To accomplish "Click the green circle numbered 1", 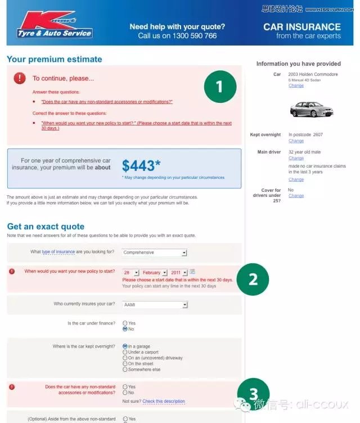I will pyautogui.click(x=219, y=87).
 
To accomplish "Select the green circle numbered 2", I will pyautogui.click(x=253, y=278).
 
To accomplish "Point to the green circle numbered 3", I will pyautogui.click(x=253, y=393).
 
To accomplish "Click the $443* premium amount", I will pyautogui.click(x=141, y=165).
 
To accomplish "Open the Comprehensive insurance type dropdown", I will pyautogui.click(x=155, y=253).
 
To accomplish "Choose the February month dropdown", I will pyautogui.click(x=154, y=272).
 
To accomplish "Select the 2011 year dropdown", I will pyautogui.click(x=178, y=272).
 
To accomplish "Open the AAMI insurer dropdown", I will pyautogui.click(x=155, y=305).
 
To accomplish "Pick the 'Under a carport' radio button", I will pyautogui.click(x=125, y=352).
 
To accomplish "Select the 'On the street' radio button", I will pyautogui.click(x=125, y=364).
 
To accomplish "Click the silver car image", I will pyautogui.click(x=311, y=109).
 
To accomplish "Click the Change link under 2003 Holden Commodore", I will pyautogui.click(x=296, y=86).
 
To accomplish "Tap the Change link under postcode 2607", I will pyautogui.click(x=296, y=141).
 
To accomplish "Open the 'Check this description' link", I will pyautogui.click(x=163, y=402).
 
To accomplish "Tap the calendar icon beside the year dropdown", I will pyautogui.click(x=192, y=272).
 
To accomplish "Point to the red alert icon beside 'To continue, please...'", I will pyautogui.click(x=20, y=78).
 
